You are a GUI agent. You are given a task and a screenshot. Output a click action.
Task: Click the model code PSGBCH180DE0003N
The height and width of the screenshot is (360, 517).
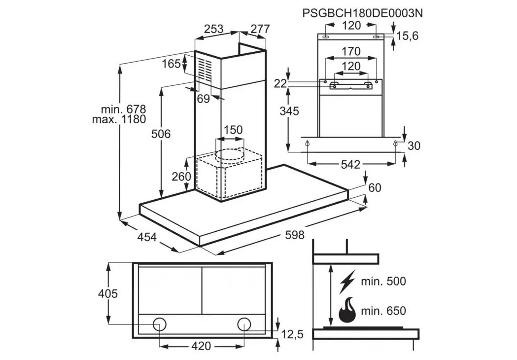coord(362,12)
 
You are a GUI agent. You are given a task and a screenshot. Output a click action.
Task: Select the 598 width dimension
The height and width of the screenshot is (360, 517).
coord(295,235)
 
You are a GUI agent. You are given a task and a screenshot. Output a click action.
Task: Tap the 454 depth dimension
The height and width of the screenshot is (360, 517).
coord(146,237)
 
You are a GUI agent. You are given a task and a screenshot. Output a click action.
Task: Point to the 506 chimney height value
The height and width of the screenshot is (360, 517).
coord(161,133)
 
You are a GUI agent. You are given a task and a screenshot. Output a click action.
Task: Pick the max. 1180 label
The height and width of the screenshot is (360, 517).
coord(119,120)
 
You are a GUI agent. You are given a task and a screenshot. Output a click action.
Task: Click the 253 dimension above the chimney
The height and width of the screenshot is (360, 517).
coord(213,29)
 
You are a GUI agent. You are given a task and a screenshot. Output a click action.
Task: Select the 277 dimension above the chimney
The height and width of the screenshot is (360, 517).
coord(260,29)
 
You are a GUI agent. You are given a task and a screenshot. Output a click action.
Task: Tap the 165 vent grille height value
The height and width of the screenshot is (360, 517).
coord(172,64)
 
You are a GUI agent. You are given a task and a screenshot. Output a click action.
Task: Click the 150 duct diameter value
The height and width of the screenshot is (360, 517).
coord(233,130)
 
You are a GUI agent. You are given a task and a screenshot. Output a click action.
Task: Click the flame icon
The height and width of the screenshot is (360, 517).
coord(347,310)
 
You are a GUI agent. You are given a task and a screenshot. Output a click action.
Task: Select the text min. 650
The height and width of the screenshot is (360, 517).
coord(383,311)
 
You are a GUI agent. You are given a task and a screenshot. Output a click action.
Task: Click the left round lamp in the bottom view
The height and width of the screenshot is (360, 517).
coord(160,324)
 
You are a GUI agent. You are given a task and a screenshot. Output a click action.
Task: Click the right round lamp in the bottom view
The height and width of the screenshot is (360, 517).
coord(243,324)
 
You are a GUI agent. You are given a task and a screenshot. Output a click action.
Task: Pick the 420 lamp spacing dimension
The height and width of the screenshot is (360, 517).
coord(201,346)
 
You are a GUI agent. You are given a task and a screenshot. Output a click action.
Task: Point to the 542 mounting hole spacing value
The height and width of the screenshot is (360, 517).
coord(350,164)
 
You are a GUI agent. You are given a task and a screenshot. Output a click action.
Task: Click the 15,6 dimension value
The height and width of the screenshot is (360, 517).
coord(407,36)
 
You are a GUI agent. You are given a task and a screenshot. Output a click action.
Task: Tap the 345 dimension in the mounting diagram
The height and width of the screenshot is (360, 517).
coord(289,111)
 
